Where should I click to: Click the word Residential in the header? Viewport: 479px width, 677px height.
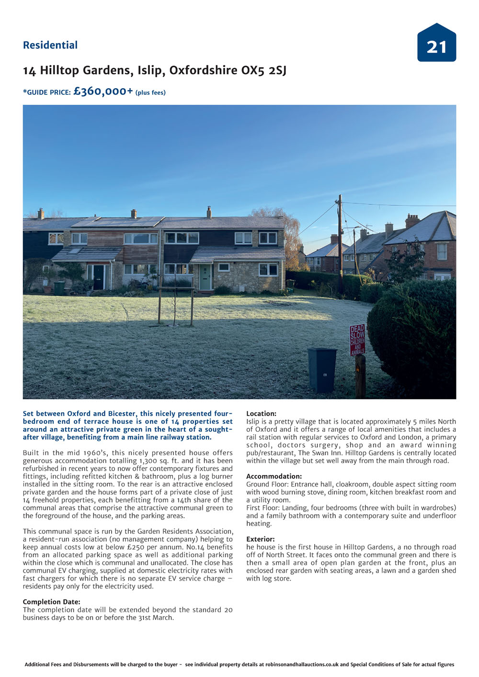50,45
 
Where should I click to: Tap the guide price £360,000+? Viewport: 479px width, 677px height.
103,91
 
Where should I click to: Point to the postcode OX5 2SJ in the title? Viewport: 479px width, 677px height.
263,70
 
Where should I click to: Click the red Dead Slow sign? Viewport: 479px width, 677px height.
357,339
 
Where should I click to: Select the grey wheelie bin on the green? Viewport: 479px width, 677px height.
322,370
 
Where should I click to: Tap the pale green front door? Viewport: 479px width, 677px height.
205,278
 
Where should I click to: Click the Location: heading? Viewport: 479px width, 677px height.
261,414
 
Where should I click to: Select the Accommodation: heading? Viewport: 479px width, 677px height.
274,476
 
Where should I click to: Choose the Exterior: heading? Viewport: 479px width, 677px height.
261,539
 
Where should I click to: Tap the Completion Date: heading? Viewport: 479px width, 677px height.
52,602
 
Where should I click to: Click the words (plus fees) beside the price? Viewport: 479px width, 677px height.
150,92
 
